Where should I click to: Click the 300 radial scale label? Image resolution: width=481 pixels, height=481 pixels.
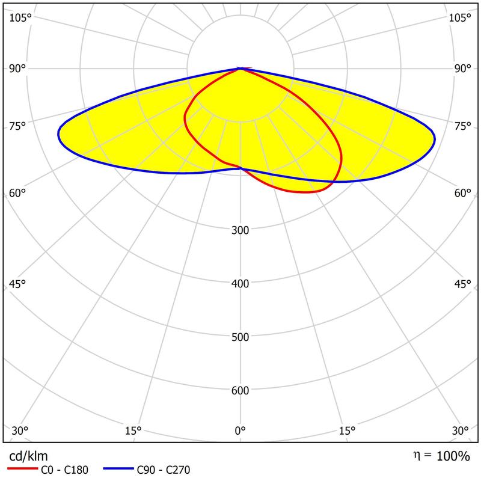(240, 230)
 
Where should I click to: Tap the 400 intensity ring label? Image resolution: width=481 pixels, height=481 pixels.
(240, 283)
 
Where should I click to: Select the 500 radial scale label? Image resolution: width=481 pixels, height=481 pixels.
(240, 337)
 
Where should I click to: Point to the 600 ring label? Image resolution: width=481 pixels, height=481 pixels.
(240, 391)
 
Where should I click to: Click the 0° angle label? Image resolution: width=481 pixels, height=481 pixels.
(240, 430)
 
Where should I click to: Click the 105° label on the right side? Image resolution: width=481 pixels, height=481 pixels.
(460, 17)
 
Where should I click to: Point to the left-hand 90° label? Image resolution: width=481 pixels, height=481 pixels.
(17, 69)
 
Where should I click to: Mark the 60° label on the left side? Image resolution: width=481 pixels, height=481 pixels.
(17, 193)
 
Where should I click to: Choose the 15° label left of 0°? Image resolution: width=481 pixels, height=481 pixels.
(133, 430)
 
